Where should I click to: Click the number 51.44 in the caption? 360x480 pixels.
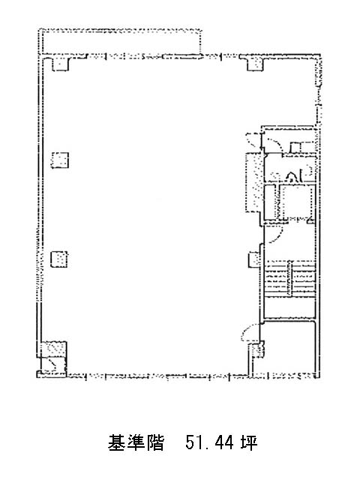click(210, 442)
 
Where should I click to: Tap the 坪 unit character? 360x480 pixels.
click(248, 442)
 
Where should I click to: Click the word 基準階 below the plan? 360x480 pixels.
click(136, 442)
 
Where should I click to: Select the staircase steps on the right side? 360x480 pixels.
click(289, 278)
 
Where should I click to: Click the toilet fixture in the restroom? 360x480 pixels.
click(291, 177)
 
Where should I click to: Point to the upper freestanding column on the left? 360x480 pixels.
click(60, 160)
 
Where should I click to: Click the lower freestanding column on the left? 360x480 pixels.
click(59, 259)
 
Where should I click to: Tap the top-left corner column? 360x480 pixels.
click(60, 64)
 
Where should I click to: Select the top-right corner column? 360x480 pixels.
click(255, 64)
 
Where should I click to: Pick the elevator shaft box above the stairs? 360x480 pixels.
click(297, 202)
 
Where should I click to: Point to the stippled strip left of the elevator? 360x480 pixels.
click(254, 182)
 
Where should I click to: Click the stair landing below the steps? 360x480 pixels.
click(289, 307)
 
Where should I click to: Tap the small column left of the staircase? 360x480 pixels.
click(254, 259)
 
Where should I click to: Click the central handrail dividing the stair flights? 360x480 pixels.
click(290, 278)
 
